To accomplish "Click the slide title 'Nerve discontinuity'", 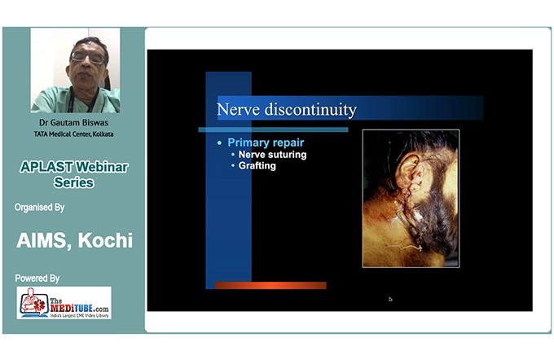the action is tap(287, 109).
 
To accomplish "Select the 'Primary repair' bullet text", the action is tap(266, 143).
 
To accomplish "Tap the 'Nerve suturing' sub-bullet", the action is tap(272, 155).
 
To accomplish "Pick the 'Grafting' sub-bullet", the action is tap(257, 165).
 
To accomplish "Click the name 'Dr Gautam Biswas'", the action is tap(74, 123).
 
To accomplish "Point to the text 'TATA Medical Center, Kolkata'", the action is tap(74, 134).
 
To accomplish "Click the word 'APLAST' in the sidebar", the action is tap(46, 167).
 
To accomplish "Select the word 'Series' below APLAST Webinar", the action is tap(74, 182).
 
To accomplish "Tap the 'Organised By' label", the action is tap(40, 208).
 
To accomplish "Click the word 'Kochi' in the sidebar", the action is tap(105, 240).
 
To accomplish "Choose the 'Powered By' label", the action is tap(37, 279).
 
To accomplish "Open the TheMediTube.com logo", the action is tap(64, 303).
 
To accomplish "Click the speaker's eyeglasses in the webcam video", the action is tap(88, 58).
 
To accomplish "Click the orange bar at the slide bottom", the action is tap(270, 285).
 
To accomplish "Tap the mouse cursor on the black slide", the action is tap(390, 299).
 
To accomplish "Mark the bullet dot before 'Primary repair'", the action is tap(219, 143).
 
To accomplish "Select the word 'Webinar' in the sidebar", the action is tap(102, 167).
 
